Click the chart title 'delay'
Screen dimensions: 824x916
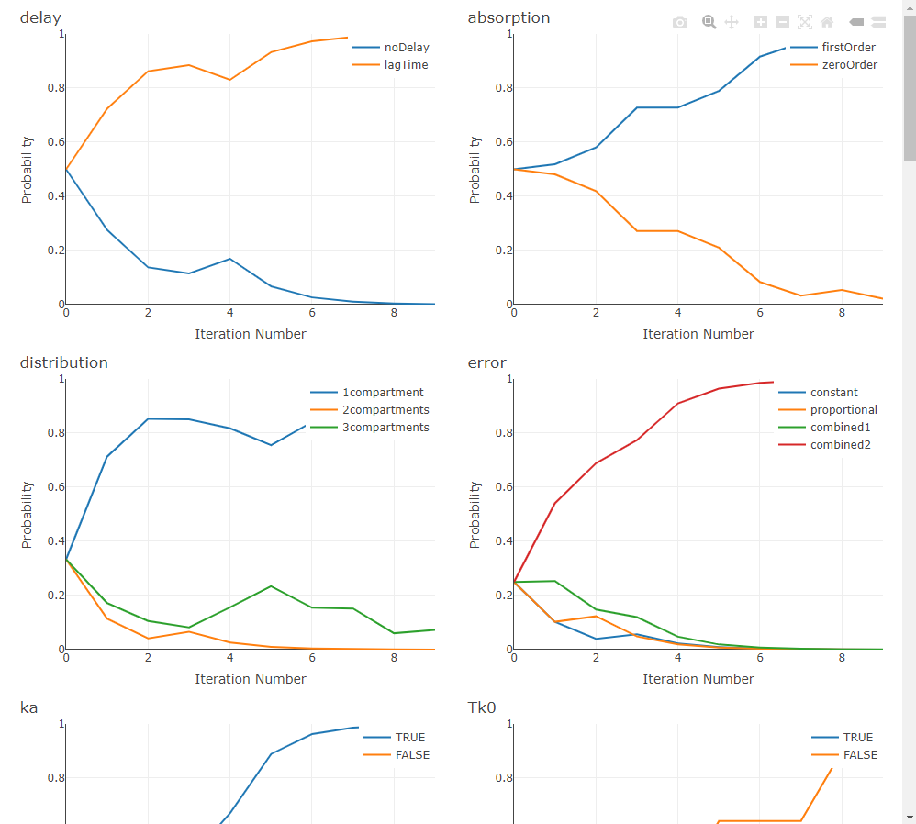click(40, 17)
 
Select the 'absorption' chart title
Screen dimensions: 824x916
click(508, 17)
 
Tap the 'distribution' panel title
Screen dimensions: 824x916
click(63, 362)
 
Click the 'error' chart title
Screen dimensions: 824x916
click(486, 362)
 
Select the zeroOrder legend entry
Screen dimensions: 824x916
click(849, 65)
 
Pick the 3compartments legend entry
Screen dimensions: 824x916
click(385, 428)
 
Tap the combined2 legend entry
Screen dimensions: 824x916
click(840, 445)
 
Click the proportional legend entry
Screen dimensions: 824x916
click(843, 410)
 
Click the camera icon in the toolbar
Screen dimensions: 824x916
click(680, 22)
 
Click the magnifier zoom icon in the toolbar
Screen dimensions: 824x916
click(709, 22)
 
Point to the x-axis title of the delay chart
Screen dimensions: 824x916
click(251, 334)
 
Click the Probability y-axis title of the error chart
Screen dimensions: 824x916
click(475, 514)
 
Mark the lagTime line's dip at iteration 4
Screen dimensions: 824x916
click(229, 80)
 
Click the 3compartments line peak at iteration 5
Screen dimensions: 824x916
click(271, 585)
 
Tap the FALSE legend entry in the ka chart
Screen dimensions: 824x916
click(411, 755)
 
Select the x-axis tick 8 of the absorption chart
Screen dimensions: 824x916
click(842, 313)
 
